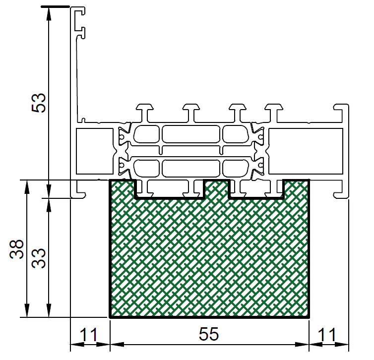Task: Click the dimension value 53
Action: coord(38,103)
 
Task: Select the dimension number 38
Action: coord(16,249)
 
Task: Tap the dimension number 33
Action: coord(38,258)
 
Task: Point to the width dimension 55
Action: coord(209,334)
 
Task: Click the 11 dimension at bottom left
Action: coord(88,335)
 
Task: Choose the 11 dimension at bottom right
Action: coord(327,335)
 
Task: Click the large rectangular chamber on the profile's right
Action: coord(306,151)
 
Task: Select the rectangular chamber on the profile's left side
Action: coord(94,151)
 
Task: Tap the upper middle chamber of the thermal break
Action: coord(191,134)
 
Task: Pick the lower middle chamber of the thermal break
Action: coord(191,168)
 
